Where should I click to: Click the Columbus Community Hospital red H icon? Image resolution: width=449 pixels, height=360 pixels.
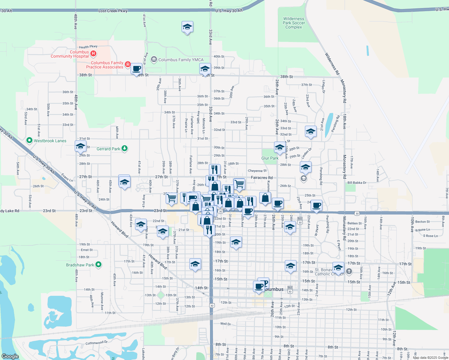(93, 54)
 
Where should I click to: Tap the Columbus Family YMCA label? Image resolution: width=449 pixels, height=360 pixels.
(181, 60)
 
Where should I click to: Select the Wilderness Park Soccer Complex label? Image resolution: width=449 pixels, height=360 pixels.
(294, 23)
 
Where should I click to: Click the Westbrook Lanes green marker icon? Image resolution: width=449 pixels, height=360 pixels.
(29, 140)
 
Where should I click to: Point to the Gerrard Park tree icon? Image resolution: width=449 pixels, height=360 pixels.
(125, 148)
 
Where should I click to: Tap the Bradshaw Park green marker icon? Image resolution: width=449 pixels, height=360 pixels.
(98, 265)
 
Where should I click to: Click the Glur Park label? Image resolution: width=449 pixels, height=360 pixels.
(270, 158)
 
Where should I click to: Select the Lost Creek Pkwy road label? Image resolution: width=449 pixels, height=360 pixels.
(113, 11)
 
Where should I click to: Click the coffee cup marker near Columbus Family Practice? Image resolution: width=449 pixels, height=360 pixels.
(137, 69)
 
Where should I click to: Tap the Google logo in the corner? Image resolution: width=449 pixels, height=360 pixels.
(10, 356)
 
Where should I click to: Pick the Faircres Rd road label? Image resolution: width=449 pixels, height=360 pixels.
(262, 178)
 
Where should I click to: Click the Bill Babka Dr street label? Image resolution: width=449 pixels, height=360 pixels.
(357, 183)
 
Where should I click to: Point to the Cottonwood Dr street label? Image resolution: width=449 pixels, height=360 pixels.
(96, 343)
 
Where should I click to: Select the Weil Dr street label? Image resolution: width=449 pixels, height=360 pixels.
(225, 324)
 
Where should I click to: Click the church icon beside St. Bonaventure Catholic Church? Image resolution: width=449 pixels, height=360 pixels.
(349, 271)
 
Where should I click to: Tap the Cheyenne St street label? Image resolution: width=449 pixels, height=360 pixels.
(257, 171)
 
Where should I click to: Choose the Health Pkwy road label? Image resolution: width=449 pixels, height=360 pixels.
(88, 47)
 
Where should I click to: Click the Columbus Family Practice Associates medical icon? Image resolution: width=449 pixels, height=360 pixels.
(128, 64)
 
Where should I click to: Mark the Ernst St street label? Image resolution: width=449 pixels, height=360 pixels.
(87, 250)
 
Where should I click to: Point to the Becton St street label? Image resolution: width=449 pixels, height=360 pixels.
(422, 222)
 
